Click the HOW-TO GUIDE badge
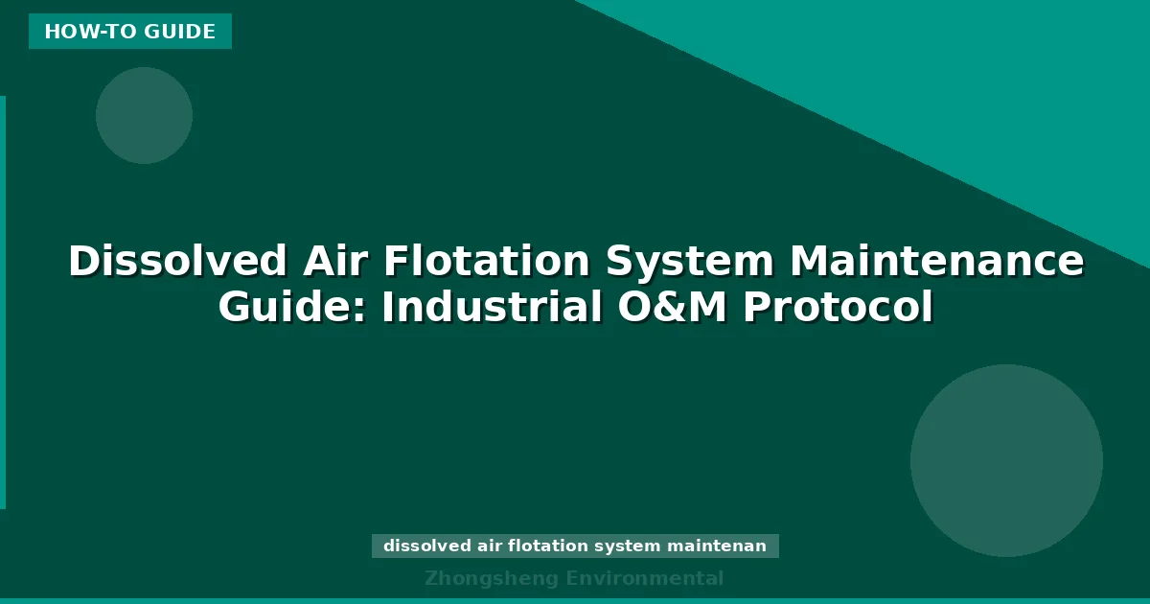click(130, 32)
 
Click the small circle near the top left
click(144, 115)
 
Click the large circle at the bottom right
click(1006, 460)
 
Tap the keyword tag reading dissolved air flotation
click(575, 546)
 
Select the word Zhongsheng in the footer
click(492, 578)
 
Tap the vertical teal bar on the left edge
click(3, 302)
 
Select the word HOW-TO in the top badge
click(90, 32)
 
